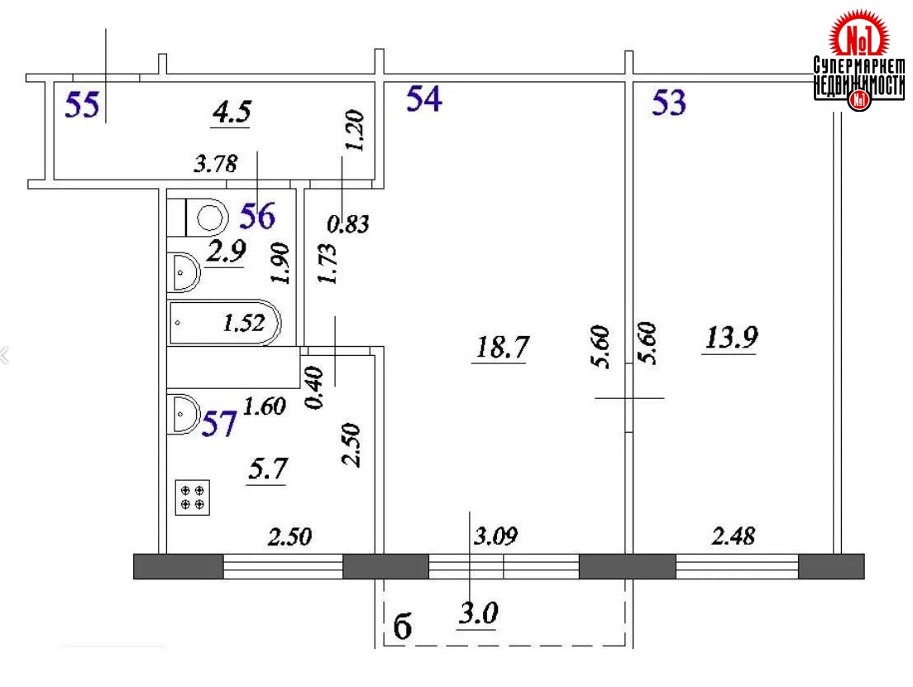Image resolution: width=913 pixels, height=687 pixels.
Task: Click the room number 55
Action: point(82,105)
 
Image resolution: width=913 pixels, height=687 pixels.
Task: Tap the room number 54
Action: point(424,98)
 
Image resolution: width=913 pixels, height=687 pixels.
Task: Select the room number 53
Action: point(669,103)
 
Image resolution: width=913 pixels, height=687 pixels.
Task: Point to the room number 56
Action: point(257,215)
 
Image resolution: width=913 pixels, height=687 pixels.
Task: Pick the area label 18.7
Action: point(501,348)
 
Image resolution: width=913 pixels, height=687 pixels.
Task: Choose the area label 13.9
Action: point(731,338)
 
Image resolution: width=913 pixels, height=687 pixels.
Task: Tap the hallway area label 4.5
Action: point(232,111)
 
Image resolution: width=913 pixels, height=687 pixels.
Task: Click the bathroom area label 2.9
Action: point(226,251)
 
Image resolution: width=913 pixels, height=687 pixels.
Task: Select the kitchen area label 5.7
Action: point(268,468)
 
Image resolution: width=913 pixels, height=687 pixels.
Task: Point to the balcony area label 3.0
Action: point(479,613)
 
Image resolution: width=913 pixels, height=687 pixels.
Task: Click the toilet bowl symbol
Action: point(206,218)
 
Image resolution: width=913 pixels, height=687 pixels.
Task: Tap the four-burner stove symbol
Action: point(193,497)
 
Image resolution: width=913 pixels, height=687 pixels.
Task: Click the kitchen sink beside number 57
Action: point(184,415)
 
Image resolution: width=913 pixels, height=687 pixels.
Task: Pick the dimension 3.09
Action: point(495,536)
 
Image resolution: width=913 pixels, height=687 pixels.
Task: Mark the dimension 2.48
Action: point(733,536)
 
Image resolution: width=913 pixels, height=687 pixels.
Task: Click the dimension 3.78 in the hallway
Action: point(216,165)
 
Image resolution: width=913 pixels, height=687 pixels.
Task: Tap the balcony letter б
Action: point(403,627)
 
